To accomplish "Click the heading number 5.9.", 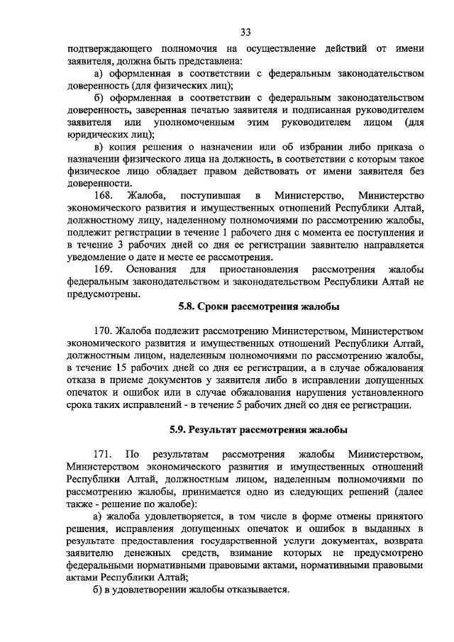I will [x=178, y=429].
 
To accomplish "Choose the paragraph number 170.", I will [x=104, y=331].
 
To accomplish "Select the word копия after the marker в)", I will [x=124, y=147].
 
